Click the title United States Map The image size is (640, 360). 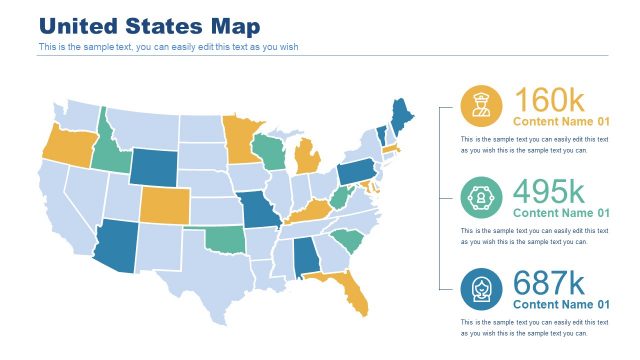[x=149, y=26]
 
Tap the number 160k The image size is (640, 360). [x=549, y=101]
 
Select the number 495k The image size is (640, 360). [x=549, y=192]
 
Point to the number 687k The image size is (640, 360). [x=549, y=284]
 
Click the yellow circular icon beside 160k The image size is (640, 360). [x=481, y=104]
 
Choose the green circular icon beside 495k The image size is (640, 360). [x=481, y=196]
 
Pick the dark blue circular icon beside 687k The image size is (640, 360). [x=481, y=288]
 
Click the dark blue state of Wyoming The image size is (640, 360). [x=152, y=167]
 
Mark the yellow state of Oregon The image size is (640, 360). [x=64, y=146]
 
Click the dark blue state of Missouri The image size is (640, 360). [x=261, y=211]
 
